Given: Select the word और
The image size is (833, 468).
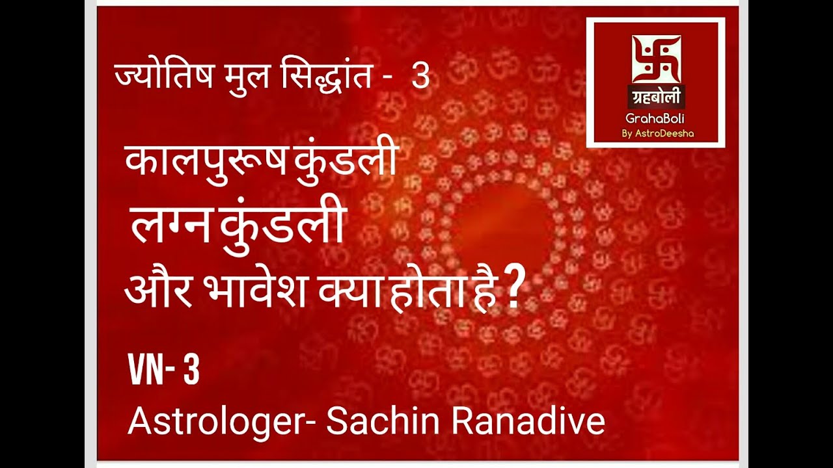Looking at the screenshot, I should coord(158,292).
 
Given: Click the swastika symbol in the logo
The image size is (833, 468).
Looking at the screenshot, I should coord(655,59).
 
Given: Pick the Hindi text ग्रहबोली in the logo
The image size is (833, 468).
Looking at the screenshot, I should coord(655,97).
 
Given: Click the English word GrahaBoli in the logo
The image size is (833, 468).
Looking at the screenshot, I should coord(655,120).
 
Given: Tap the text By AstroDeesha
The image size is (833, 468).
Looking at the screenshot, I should coord(655,133).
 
